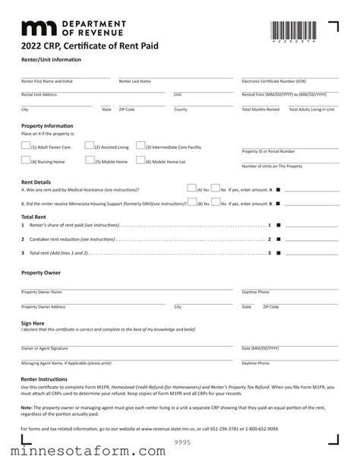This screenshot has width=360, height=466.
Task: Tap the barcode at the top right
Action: tap(293, 32)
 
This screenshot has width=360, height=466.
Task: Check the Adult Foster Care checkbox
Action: tap(26, 145)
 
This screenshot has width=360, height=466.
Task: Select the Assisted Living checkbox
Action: tap(89, 145)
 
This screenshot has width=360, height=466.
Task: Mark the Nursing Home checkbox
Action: tap(26, 160)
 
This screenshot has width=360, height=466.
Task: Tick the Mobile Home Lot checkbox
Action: tap(140, 160)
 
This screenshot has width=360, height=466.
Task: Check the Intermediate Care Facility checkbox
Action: tap(140, 145)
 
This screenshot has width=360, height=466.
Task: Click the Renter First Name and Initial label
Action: tap(47, 81)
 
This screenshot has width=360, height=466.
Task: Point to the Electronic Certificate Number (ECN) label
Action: tap(273, 81)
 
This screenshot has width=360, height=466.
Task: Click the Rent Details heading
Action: tap(36, 182)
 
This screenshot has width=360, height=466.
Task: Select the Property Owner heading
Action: tap(41, 272)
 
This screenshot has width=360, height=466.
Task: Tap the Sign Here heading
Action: tap(33, 323)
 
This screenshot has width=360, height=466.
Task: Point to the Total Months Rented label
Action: tap(261, 109)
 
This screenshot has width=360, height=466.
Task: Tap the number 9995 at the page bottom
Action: tap(183, 442)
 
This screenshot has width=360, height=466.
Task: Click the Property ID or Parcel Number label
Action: tap(268, 151)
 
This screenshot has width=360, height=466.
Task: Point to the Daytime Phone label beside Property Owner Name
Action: tap(255, 292)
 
